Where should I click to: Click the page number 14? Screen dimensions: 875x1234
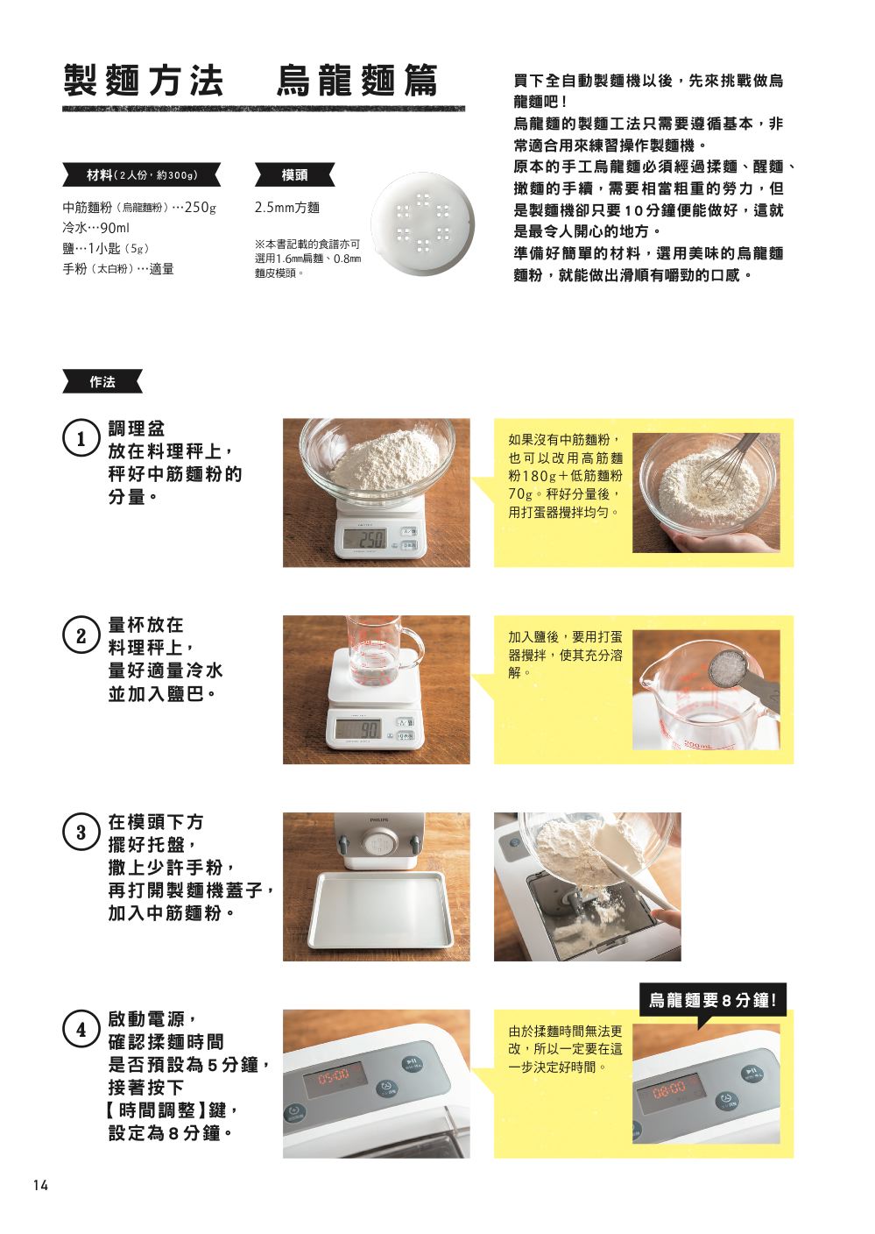pos(40,1185)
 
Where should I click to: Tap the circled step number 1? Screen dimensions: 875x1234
pos(81,439)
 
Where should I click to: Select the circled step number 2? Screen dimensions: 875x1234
pos(81,636)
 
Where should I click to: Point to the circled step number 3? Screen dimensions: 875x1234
pos(81,833)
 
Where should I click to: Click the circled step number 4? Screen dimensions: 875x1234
pos(81,1030)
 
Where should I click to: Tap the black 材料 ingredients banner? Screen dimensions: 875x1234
pos(142,175)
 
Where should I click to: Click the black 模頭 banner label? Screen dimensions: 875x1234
pos(294,175)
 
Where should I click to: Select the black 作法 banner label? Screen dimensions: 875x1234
pos(102,382)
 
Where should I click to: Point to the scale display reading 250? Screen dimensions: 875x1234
pos(364,538)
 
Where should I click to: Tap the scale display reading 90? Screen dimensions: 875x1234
pos(358,731)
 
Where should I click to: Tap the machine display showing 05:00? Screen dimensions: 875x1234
pos(334,1074)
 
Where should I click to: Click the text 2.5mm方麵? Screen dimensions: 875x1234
pos(287,208)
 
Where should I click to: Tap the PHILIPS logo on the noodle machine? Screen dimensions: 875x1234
pos(379,819)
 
